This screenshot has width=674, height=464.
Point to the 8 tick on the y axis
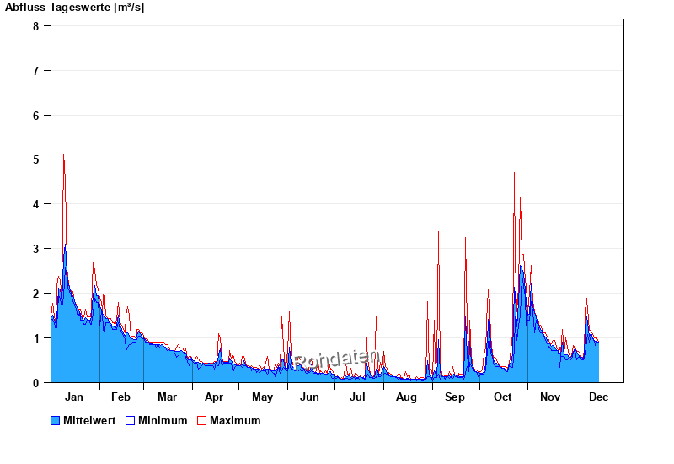(x=36, y=25)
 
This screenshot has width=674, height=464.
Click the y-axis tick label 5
(x=36, y=159)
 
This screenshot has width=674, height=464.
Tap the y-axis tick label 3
(x=36, y=249)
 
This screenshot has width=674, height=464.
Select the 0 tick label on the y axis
(x=36, y=383)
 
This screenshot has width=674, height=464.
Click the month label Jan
(x=74, y=397)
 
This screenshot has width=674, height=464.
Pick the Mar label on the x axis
(x=167, y=397)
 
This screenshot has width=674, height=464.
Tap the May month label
(x=262, y=397)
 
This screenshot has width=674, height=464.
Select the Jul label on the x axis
(x=358, y=397)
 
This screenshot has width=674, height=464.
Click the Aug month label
(x=406, y=397)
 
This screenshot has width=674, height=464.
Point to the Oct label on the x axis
(x=503, y=397)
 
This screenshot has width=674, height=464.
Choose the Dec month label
(x=599, y=397)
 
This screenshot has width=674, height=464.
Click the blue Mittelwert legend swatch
(x=56, y=420)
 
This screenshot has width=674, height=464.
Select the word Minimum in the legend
(x=163, y=420)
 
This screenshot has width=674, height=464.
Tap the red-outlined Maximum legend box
(x=201, y=420)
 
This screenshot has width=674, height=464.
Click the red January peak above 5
(x=64, y=155)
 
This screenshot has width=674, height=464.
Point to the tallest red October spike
(x=514, y=173)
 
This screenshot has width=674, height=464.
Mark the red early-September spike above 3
(x=438, y=232)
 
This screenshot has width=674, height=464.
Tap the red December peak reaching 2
(x=586, y=295)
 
